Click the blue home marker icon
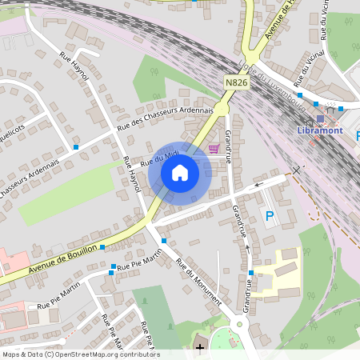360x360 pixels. click(180, 173)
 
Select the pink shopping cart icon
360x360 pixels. click(214, 148)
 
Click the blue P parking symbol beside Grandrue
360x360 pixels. click(270, 215)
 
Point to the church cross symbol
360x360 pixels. click(199, 348)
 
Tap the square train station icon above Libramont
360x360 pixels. click(320, 118)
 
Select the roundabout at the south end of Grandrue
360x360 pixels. click(239, 324)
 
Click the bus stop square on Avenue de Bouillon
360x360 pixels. click(102, 247)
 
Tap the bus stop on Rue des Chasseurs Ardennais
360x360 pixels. click(76, 147)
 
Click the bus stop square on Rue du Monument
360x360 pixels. click(163, 241)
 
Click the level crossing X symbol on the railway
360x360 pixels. click(297, 170)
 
